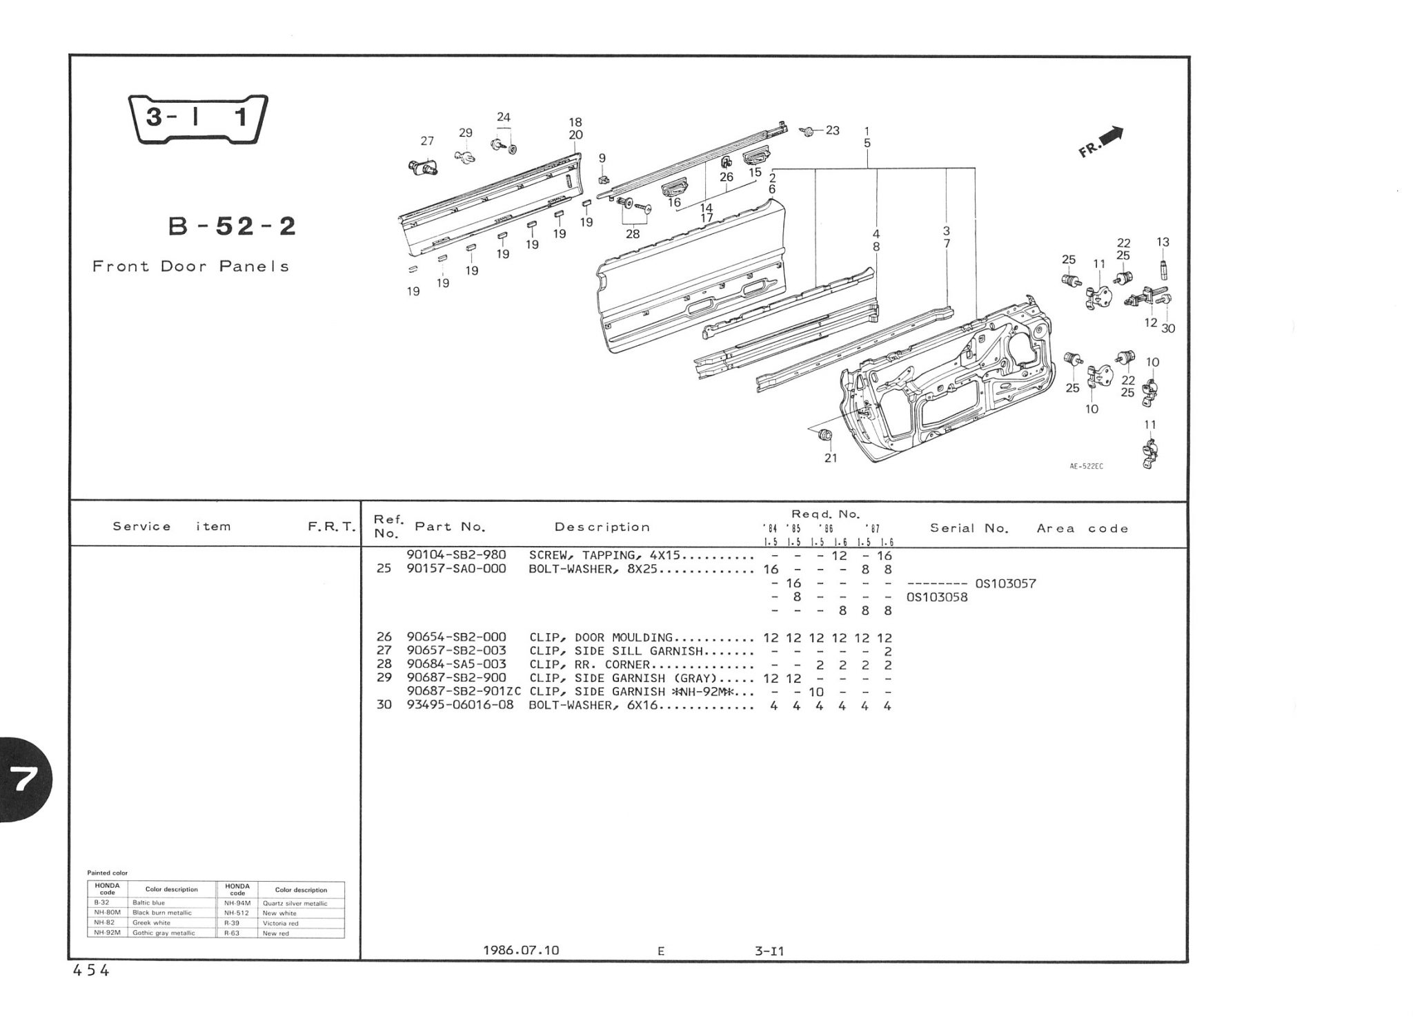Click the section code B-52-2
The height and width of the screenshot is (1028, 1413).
pyautogui.click(x=233, y=226)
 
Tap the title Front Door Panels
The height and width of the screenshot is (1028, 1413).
pyautogui.click(x=190, y=266)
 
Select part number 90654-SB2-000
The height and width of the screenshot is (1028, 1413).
pyautogui.click(x=456, y=637)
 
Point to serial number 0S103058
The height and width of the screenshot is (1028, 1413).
pyautogui.click(x=937, y=597)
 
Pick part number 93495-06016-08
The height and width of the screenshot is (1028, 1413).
pyautogui.click(x=460, y=706)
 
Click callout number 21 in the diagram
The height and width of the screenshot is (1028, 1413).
pyautogui.click(x=831, y=458)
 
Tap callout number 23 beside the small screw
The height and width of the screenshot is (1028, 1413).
pyautogui.click(x=833, y=130)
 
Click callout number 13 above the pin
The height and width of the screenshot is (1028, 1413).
pyautogui.click(x=1163, y=242)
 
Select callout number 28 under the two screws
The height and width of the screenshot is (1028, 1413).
pyautogui.click(x=633, y=234)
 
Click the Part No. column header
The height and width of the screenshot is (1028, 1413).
pyautogui.click(x=450, y=527)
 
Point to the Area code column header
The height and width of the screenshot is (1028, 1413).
pyautogui.click(x=1083, y=529)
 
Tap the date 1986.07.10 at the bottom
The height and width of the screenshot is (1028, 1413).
pyautogui.click(x=521, y=951)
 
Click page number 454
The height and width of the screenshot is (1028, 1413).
pyautogui.click(x=91, y=971)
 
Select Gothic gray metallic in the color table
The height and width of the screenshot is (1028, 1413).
pyautogui.click(x=164, y=933)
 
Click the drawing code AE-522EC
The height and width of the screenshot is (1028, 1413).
pyautogui.click(x=1086, y=466)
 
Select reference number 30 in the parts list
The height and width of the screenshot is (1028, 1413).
pyautogui.click(x=384, y=706)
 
